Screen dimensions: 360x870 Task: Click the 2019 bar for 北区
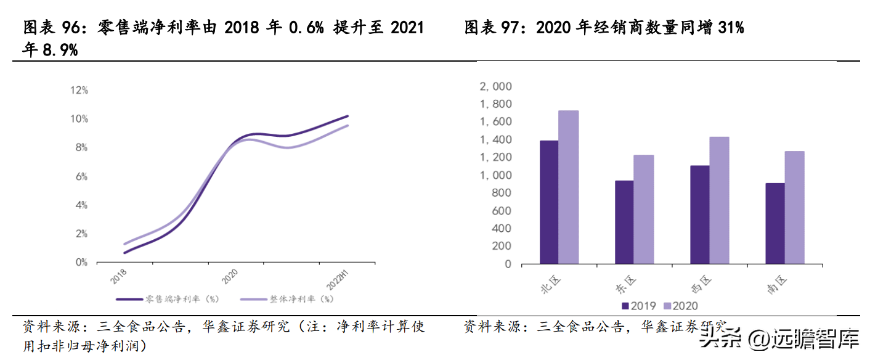click(549, 202)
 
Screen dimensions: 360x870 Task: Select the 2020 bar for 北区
click(568, 187)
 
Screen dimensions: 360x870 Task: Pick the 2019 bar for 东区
click(624, 222)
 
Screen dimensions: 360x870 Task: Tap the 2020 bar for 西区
click(718, 200)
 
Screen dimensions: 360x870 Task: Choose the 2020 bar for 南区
click(794, 207)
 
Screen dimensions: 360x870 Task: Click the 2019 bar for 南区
click(775, 223)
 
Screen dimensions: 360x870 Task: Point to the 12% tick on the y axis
click(79, 90)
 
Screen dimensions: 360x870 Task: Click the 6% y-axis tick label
click(81, 176)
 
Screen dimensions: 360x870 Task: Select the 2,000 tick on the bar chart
click(495, 86)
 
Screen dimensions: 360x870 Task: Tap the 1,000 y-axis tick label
click(495, 175)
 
